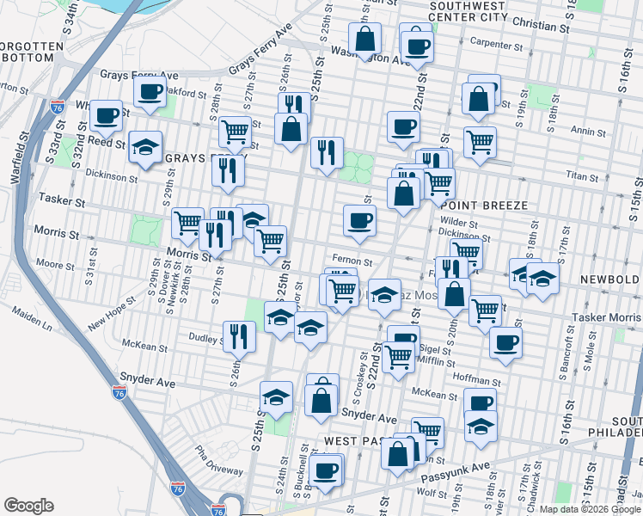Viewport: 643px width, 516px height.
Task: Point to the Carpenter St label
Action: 496,45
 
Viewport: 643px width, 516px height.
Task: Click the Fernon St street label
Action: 352,261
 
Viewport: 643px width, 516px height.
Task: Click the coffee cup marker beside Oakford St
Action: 150,92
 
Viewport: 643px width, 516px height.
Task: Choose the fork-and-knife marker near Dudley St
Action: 238,336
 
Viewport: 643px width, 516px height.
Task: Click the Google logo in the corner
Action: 28,506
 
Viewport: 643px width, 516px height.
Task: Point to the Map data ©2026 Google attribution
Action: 590,509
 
